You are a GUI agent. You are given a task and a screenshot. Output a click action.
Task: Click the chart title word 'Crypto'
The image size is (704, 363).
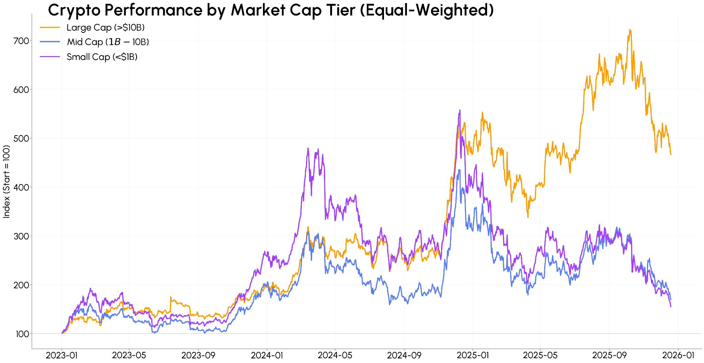(x=74, y=10)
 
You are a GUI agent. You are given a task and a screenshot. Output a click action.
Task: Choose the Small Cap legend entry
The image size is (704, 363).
(x=102, y=57)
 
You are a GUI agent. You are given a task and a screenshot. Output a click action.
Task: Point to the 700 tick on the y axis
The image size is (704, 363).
(x=21, y=41)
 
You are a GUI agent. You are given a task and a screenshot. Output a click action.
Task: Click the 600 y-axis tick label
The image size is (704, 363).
(x=21, y=89)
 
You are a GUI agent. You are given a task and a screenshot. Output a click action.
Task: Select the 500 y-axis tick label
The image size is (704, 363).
(x=21, y=138)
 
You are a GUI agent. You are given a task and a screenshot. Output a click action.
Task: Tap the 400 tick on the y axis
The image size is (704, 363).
(x=21, y=187)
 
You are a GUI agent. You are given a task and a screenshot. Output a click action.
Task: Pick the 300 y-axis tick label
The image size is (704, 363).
(x=21, y=236)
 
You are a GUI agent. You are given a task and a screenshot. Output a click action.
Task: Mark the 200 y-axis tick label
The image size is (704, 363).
(x=21, y=285)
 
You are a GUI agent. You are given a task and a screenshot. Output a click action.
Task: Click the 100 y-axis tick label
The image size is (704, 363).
(x=21, y=334)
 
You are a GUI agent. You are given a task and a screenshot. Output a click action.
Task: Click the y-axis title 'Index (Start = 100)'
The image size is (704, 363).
(x=6, y=181)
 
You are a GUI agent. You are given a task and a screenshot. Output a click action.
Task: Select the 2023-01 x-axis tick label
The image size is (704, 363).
(x=62, y=355)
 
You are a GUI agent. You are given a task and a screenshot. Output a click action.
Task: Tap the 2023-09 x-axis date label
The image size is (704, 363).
(x=198, y=355)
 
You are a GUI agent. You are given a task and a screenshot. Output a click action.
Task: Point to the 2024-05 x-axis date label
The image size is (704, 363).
(x=335, y=355)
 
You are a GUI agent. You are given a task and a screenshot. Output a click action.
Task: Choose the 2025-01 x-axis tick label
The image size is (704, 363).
(x=472, y=355)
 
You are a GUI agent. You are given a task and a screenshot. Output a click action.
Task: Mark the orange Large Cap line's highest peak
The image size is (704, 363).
(x=629, y=30)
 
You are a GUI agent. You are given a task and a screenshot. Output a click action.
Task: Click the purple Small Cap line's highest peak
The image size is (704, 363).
(x=460, y=110)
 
